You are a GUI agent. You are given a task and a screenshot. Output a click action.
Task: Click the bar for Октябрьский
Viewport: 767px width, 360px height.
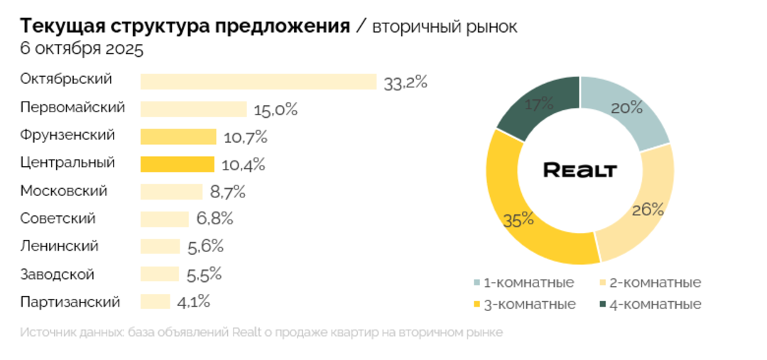click(x=258, y=81)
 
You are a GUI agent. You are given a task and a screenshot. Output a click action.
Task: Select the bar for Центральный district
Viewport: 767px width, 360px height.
click(x=177, y=164)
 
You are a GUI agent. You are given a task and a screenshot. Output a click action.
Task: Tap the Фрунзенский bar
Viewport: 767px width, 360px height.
click(x=178, y=136)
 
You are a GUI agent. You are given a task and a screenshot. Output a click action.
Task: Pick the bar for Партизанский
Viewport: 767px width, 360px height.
click(x=155, y=302)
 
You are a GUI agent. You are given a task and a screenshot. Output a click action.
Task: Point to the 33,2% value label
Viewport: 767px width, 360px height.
click(x=405, y=82)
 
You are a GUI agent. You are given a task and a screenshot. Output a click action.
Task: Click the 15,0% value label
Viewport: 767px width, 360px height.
click(x=276, y=110)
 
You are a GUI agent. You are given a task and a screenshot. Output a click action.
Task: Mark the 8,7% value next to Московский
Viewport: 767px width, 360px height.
click(x=227, y=192)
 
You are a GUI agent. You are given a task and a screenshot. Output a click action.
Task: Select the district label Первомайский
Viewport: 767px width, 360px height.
click(x=72, y=108)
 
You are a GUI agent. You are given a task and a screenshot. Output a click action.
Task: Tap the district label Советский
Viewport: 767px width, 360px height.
click(x=58, y=219)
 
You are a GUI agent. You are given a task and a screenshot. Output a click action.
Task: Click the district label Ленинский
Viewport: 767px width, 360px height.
click(x=59, y=246)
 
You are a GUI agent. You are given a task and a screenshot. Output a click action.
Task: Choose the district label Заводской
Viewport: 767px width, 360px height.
click(x=57, y=274)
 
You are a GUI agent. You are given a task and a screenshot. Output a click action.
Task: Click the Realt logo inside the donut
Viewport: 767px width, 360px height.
click(x=580, y=170)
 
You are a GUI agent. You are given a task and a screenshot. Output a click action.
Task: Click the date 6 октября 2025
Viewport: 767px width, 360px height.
click(x=82, y=50)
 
